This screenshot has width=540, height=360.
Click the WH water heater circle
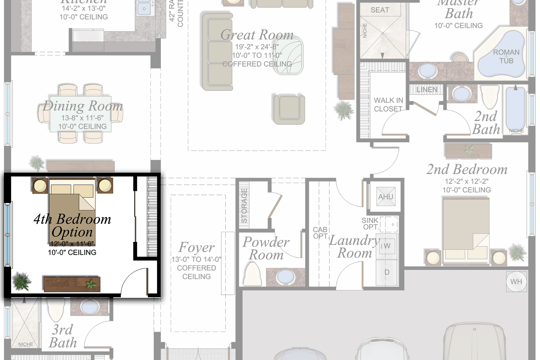pos(516,282)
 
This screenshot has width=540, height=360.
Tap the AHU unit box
pos(386,197)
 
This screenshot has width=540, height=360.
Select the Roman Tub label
pos(506,57)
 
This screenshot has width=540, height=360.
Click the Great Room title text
pos(257,35)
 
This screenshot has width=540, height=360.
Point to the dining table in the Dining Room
pos(81,114)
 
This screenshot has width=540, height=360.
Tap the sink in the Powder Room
pos(285,277)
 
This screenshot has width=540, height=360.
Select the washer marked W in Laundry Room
pos(387,246)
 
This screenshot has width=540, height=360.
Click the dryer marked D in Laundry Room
pos(387,272)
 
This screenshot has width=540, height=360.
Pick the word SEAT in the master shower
pos(380,10)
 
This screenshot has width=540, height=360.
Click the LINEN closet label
pos(427,90)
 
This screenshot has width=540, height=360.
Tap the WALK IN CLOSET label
pos(388,105)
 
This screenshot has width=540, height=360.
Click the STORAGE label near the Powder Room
pos(244,205)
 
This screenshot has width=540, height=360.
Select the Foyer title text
pos(196,247)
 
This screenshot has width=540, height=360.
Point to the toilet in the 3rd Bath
pos(56,309)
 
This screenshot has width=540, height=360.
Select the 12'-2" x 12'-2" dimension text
pos(466,181)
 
